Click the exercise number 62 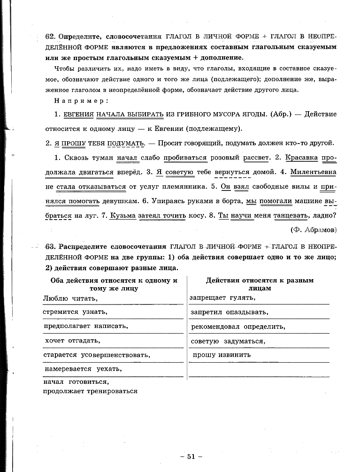pos(50,37)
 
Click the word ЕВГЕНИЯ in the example pos(79,114)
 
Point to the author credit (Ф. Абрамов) pos(314,229)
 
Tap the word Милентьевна pos(313,172)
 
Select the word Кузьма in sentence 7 pos(122,216)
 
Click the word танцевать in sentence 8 pos(291,216)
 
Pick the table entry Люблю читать pos(70,298)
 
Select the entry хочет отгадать pos(73,341)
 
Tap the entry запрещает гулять pos(222,297)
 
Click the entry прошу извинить pos(222,355)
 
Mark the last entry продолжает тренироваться pos(90,391)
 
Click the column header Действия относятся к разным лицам pos(260,284)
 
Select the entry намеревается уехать pos(83,369)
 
